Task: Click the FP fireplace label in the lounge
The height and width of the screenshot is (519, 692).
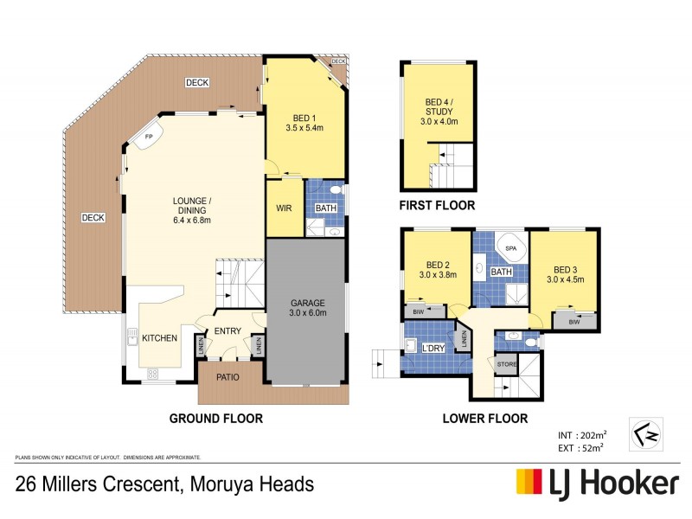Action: tap(149, 138)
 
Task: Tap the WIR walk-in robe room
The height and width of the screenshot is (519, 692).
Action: tap(283, 208)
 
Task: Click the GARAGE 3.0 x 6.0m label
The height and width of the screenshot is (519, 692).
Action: tap(307, 308)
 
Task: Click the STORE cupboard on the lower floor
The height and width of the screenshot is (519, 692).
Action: tap(506, 365)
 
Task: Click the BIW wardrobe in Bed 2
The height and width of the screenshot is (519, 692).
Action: tap(418, 310)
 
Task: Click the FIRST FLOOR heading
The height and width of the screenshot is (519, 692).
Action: tap(437, 206)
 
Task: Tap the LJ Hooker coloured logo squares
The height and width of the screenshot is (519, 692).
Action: tap(529, 483)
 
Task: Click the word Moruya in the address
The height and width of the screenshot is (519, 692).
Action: tap(207, 484)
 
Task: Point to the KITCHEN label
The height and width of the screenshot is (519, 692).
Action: tap(162, 337)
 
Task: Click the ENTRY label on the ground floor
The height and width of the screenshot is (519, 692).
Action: tap(228, 331)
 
